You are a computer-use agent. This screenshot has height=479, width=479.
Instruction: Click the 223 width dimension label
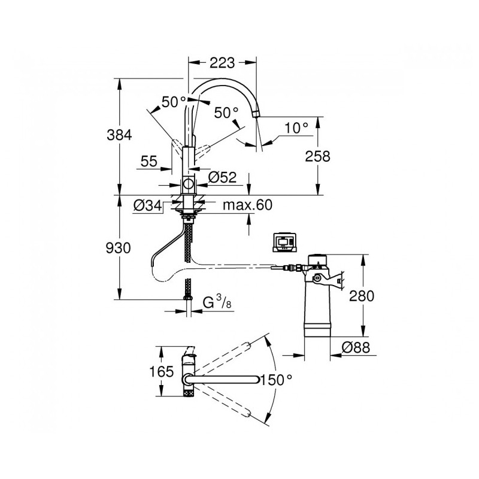click(222, 63)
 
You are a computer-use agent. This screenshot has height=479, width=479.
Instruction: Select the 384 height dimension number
click(119, 135)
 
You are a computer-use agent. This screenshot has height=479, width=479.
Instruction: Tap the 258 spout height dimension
click(318, 156)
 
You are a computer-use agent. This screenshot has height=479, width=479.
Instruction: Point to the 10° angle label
click(296, 128)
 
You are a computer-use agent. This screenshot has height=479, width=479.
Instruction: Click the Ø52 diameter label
click(222, 177)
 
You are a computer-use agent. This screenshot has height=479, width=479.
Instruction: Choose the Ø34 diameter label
click(147, 205)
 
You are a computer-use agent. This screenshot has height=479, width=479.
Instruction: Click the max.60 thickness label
click(247, 205)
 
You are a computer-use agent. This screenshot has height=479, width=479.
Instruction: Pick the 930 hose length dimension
click(118, 248)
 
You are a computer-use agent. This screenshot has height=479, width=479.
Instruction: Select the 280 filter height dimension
click(362, 296)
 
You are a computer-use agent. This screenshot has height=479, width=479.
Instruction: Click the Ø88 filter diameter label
click(356, 347)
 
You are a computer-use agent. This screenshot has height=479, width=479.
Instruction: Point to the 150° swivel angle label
click(276, 380)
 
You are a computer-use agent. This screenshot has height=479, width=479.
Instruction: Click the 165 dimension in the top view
click(161, 371)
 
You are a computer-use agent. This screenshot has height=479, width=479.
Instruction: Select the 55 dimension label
click(149, 161)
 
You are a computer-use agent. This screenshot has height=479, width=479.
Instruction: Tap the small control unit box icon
click(284, 242)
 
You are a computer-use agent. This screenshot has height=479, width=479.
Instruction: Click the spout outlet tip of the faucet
click(256, 114)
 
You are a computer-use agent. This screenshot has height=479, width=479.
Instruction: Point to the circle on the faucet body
click(188, 184)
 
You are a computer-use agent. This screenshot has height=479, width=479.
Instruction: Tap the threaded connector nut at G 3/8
click(188, 297)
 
